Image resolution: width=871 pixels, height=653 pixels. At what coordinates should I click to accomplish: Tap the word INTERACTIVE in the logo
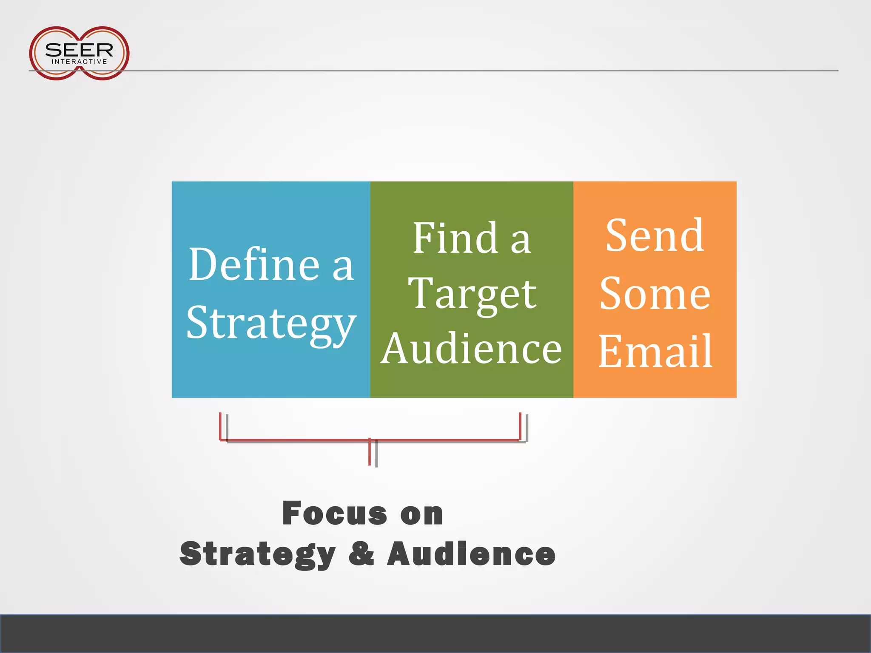(x=79, y=62)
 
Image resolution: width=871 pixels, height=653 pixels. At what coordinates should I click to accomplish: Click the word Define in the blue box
(x=254, y=264)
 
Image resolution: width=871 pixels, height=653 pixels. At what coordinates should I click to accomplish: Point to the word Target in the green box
(x=472, y=294)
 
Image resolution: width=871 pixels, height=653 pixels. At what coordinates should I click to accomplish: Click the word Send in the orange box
(x=655, y=236)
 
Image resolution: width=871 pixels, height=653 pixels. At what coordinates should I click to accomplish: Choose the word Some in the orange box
(x=655, y=294)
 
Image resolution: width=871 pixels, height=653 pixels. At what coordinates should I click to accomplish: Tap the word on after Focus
(x=421, y=514)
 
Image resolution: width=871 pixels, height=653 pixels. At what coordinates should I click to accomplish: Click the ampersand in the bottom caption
(x=361, y=554)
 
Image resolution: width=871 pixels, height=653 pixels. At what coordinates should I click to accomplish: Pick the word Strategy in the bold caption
(x=258, y=554)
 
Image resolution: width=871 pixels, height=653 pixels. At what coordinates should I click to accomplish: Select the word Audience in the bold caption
(x=471, y=554)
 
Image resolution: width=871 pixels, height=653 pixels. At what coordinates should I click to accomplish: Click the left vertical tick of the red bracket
(x=220, y=426)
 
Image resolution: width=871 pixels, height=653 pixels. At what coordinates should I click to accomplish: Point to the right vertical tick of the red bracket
(x=520, y=426)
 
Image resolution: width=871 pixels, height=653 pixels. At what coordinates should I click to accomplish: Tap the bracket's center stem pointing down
(x=370, y=452)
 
